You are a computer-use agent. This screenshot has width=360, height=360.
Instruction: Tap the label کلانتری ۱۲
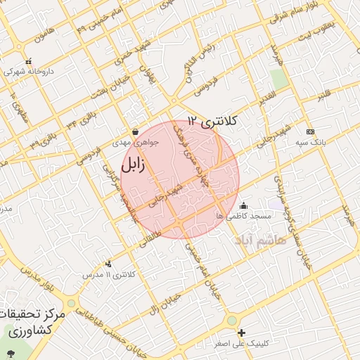point(213,121)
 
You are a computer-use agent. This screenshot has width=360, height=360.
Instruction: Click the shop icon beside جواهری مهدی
point(135,131)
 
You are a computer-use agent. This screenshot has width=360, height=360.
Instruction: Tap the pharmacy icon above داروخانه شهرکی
point(27,62)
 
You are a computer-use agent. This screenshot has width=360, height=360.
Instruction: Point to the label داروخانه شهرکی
point(28,72)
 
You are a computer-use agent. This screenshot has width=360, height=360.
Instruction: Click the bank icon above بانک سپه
point(310,131)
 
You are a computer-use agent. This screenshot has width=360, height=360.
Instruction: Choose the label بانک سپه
point(311,142)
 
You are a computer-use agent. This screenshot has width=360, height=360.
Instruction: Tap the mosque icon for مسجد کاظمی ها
point(243,205)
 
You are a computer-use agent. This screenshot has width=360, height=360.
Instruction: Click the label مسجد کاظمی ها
point(243,216)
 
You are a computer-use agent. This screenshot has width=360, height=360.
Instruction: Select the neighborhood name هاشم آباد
point(261,240)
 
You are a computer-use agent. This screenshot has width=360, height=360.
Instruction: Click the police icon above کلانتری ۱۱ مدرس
point(108,264)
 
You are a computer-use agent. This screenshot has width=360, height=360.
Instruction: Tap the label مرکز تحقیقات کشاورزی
point(33,321)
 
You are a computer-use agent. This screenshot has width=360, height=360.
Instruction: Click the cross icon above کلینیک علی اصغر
point(242,333)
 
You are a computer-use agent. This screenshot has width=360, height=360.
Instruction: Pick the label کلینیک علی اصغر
point(243,344)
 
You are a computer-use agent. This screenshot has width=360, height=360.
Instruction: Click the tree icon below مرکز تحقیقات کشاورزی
point(11,352)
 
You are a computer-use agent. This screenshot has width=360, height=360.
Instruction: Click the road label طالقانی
point(149,225)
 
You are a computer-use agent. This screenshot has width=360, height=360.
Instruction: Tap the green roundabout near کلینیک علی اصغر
point(231,321)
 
